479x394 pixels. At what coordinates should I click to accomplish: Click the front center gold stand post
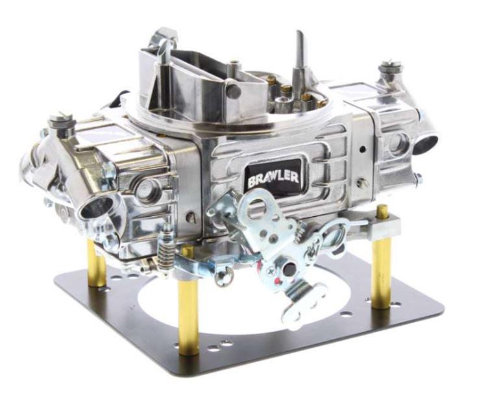(x=188, y=305)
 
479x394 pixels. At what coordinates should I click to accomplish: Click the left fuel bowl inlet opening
(x=95, y=208)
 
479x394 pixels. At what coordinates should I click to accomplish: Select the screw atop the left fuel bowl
(x=61, y=121)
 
